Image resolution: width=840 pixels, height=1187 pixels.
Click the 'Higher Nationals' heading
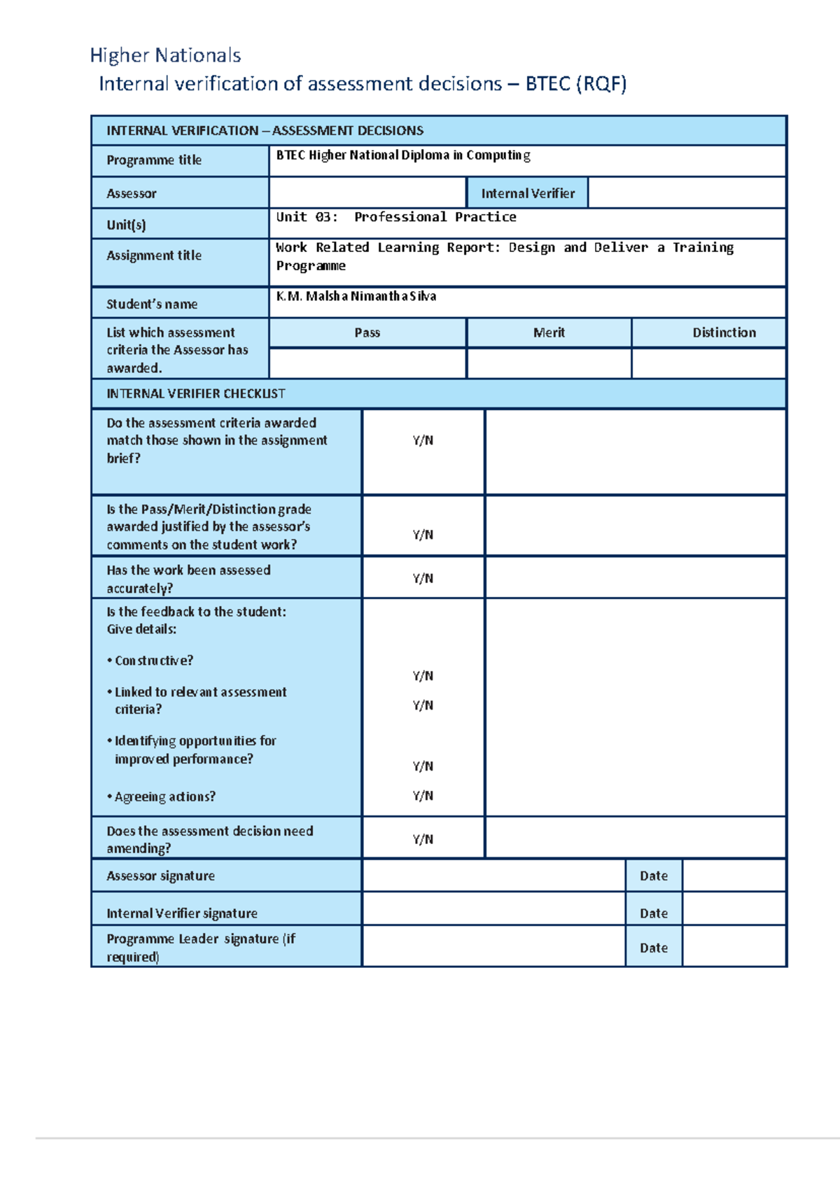coord(165,55)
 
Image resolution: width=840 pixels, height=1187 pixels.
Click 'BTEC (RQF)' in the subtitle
coord(575,84)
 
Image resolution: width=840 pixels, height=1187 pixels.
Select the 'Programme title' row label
coord(154,160)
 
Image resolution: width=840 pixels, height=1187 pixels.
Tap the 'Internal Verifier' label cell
coord(527,193)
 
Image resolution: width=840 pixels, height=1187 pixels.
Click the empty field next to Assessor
coord(367,192)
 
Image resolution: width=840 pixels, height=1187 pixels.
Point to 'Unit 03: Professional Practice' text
coord(395,217)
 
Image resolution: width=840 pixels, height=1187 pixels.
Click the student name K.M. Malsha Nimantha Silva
coord(356,296)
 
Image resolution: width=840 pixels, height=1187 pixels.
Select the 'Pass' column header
coord(367,332)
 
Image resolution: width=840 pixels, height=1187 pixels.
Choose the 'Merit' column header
coord(549,332)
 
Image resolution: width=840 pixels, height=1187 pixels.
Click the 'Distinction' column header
coord(724,332)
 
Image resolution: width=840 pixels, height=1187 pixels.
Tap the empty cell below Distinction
coord(708,363)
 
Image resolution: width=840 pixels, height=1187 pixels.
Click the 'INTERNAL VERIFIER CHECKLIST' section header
coord(195,393)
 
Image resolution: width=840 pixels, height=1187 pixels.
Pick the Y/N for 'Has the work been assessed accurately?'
coord(423,578)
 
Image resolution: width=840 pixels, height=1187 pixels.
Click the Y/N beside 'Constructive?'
coord(423,675)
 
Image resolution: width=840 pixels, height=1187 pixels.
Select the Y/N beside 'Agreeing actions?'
coord(423,795)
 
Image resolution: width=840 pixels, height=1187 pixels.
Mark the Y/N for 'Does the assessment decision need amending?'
coord(423,838)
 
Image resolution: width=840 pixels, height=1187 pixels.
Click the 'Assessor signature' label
coord(160,876)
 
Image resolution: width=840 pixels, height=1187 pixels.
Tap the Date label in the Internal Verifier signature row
coord(653,913)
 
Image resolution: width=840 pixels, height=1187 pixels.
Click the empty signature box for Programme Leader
coord(493,946)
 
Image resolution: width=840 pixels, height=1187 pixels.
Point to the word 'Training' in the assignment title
coord(703,247)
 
